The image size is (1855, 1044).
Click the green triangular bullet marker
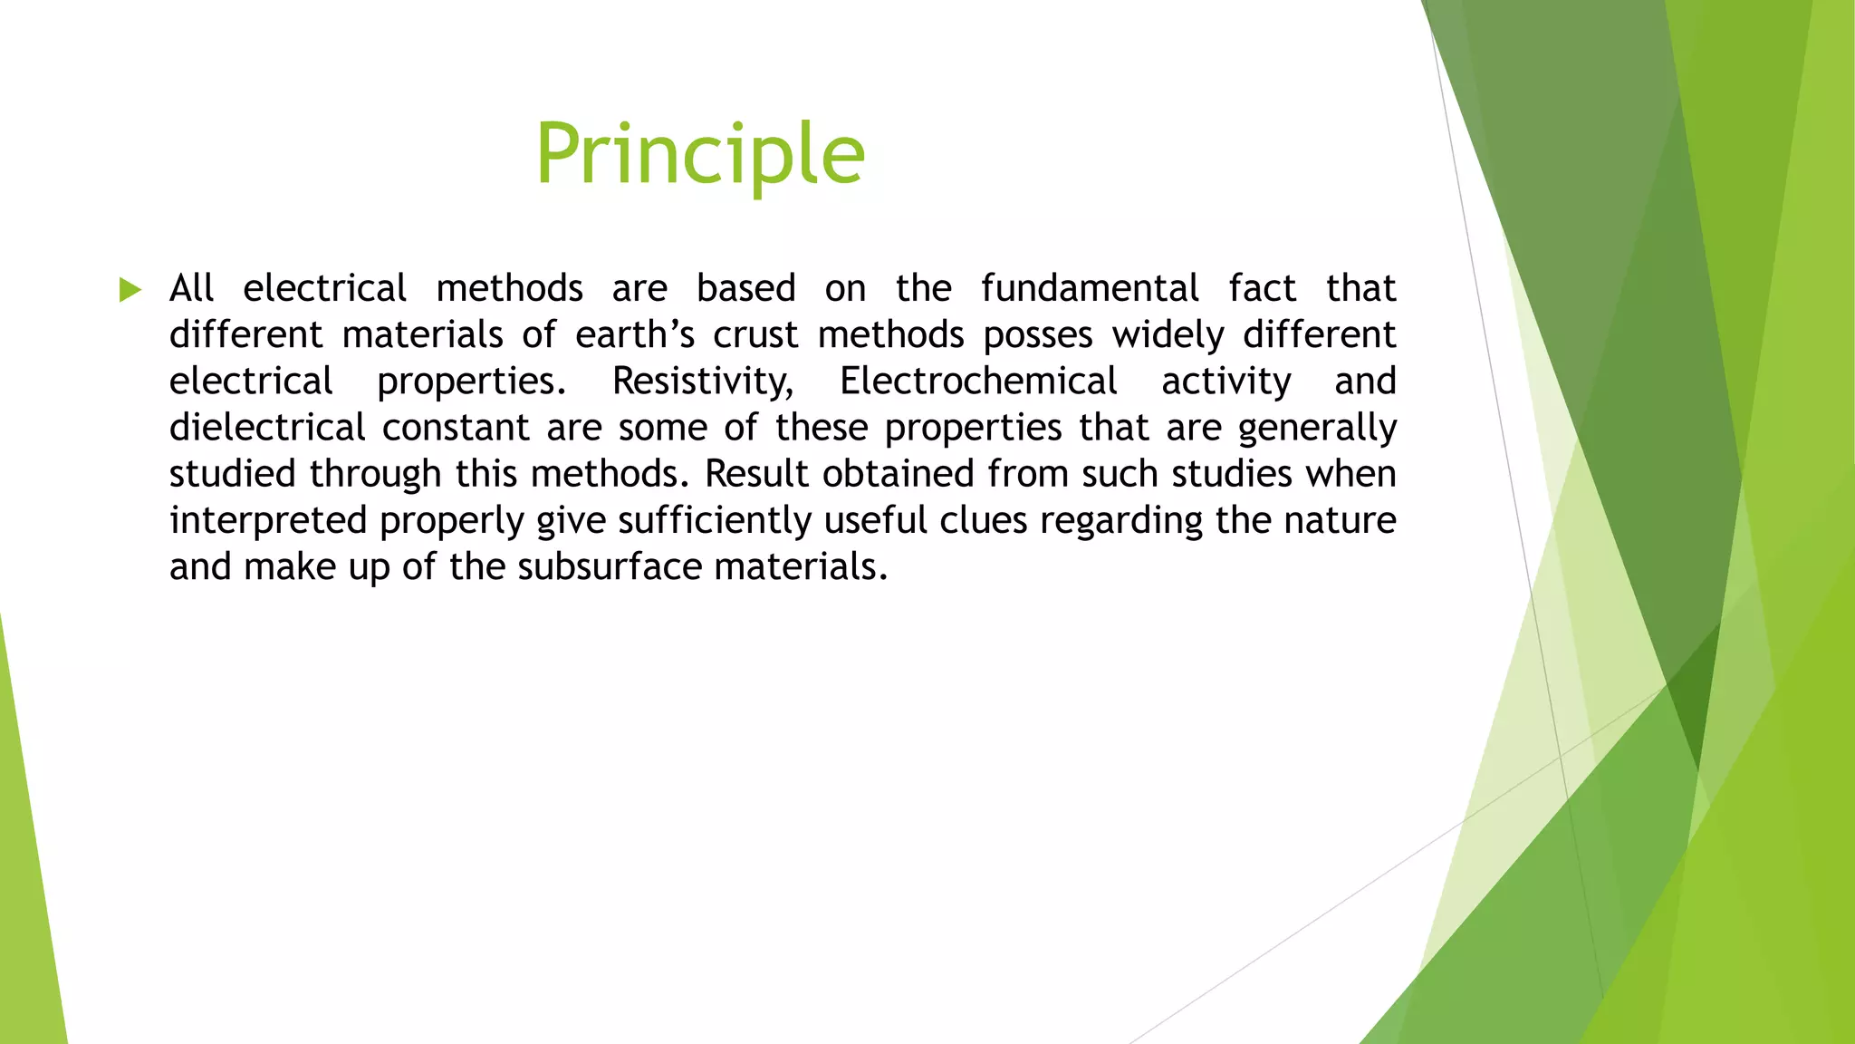click(x=130, y=290)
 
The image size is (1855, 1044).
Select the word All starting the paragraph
click(x=191, y=288)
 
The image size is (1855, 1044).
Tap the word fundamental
click(x=1090, y=288)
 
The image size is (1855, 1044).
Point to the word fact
click(x=1262, y=288)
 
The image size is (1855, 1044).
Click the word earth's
click(x=634, y=334)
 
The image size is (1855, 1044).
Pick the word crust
click(x=754, y=334)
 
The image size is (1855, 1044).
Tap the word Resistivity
click(x=702, y=382)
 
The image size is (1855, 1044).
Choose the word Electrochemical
click(x=977, y=381)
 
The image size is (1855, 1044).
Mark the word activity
click(x=1225, y=382)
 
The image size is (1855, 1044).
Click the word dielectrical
click(x=267, y=427)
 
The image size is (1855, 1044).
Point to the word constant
click(x=455, y=427)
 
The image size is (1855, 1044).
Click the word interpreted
click(x=267, y=521)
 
